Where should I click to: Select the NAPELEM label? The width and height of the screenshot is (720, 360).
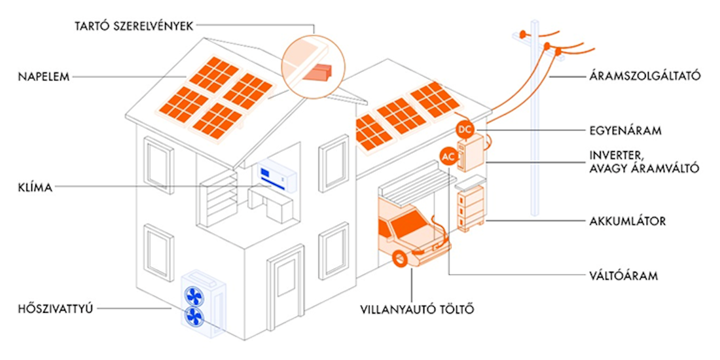(44, 77)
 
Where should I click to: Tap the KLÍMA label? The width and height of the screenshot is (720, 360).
(36, 188)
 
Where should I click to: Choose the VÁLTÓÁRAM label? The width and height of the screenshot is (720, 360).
(622, 276)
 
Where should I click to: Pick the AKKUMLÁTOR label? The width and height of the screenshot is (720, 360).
(627, 221)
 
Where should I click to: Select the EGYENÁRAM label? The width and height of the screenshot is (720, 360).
(624, 131)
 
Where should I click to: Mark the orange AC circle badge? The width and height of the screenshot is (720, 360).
(448, 157)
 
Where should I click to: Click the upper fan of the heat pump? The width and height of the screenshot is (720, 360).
(194, 294)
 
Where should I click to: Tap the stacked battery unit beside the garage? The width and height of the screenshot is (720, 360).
(469, 206)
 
